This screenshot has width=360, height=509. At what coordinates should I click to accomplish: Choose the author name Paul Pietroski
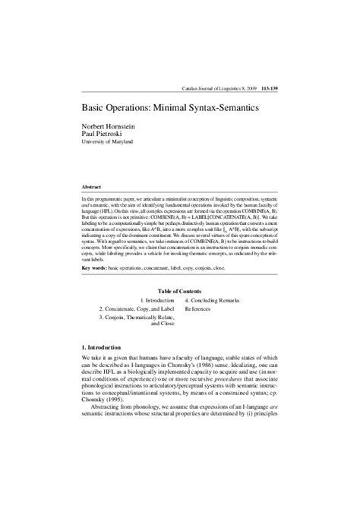coord(104,133)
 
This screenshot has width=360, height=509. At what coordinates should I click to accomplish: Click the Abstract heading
coord(91,185)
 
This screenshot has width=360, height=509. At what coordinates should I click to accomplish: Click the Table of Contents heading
coord(179,291)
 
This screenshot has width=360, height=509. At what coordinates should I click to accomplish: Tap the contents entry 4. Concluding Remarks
coord(221,301)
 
